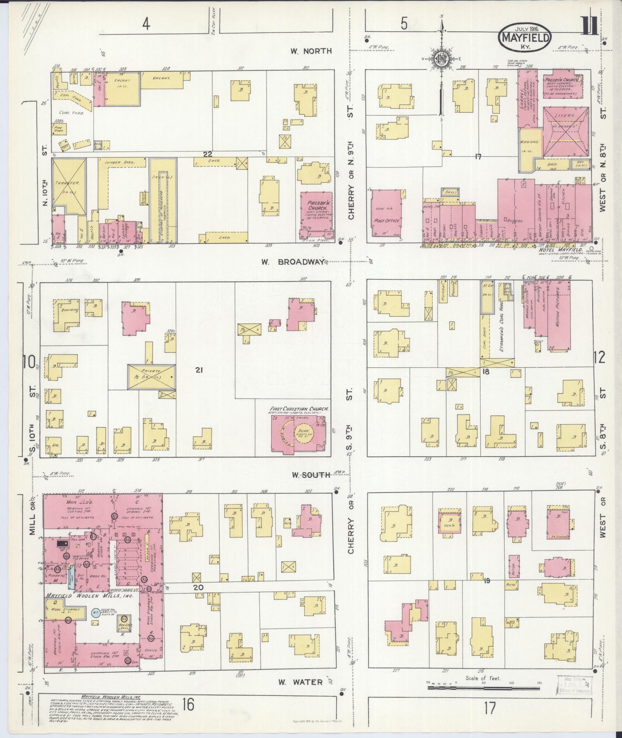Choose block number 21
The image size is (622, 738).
(x=199, y=370)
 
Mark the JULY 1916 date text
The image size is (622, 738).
(x=526, y=28)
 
